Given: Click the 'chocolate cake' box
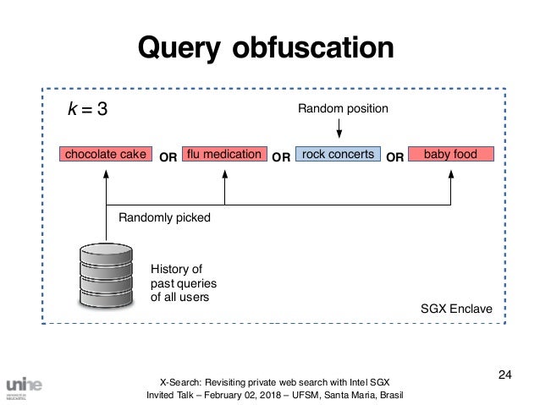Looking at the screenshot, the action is [105, 155].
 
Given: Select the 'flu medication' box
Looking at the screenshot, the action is [223, 155].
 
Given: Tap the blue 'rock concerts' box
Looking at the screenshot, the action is [339, 155].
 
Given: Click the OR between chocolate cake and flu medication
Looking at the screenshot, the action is [168, 156].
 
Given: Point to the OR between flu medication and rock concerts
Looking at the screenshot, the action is [281, 156].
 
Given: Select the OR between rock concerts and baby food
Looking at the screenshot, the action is [394, 156].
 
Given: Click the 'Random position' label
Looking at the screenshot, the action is [343, 109].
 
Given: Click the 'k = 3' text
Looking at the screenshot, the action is [88, 110].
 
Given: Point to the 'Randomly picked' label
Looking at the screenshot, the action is [164, 217].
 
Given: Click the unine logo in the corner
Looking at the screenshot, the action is [24, 386].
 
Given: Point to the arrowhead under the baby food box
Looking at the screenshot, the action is [450, 173].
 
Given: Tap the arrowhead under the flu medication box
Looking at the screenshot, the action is [224, 173].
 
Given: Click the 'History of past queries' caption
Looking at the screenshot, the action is [178, 283].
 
